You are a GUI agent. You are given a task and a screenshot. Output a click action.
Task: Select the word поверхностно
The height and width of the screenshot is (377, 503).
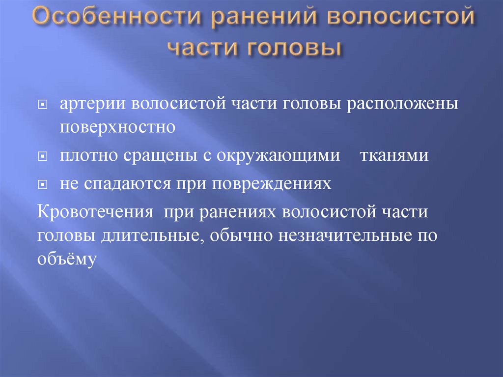point(118,127)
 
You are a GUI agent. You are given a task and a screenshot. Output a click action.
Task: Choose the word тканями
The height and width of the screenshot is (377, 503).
point(394,155)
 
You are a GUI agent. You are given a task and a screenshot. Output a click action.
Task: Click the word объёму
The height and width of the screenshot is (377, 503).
point(65,259)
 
